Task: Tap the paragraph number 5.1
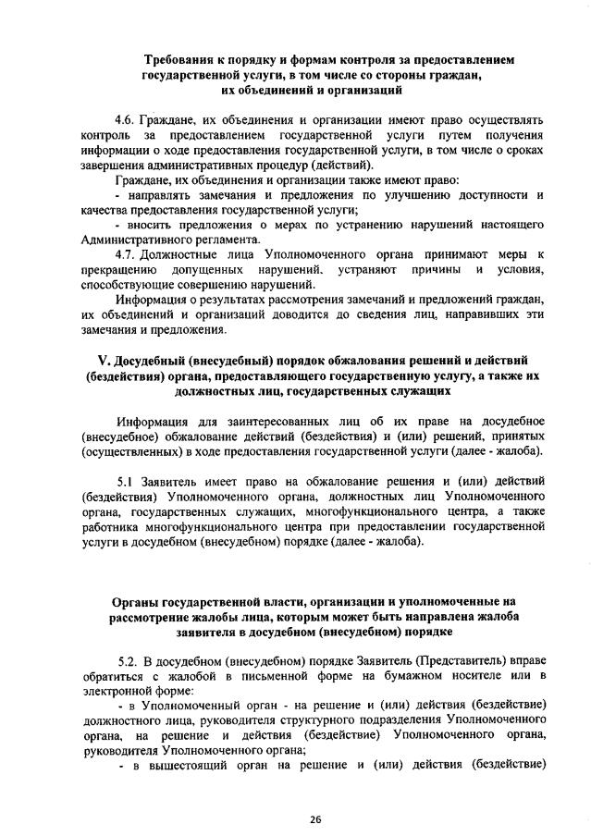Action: pos(128,482)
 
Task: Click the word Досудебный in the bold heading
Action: pos(169,360)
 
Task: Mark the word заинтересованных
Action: pos(252,423)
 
